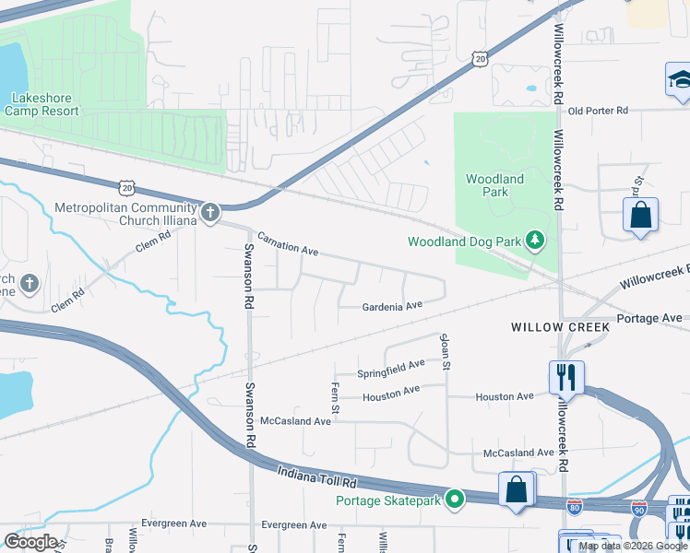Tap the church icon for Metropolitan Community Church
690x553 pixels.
point(210,214)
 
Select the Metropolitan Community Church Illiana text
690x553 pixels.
point(128,214)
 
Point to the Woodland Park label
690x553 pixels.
point(494,185)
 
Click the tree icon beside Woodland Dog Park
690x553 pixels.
point(534,241)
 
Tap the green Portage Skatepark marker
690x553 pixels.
point(454,500)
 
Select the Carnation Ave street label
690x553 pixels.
point(287,244)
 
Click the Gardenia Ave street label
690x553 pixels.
point(391,306)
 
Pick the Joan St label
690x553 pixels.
point(445,350)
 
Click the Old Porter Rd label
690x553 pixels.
point(598,111)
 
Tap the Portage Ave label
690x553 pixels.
point(649,318)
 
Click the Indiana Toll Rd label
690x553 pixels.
point(316,477)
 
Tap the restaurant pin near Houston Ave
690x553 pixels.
point(565,376)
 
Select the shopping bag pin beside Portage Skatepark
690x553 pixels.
point(517,488)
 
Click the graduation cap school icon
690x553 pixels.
point(679,79)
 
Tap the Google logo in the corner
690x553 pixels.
point(31,542)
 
